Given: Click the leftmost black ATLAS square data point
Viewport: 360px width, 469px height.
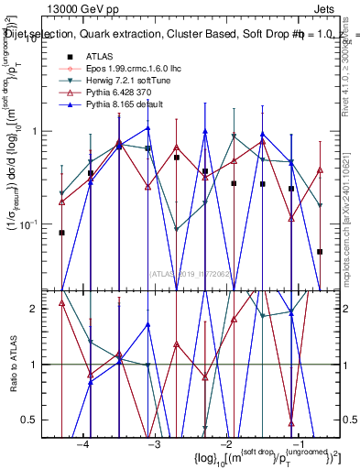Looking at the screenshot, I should (61, 233).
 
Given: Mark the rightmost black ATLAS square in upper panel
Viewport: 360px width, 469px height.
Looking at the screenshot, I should (320, 251).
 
